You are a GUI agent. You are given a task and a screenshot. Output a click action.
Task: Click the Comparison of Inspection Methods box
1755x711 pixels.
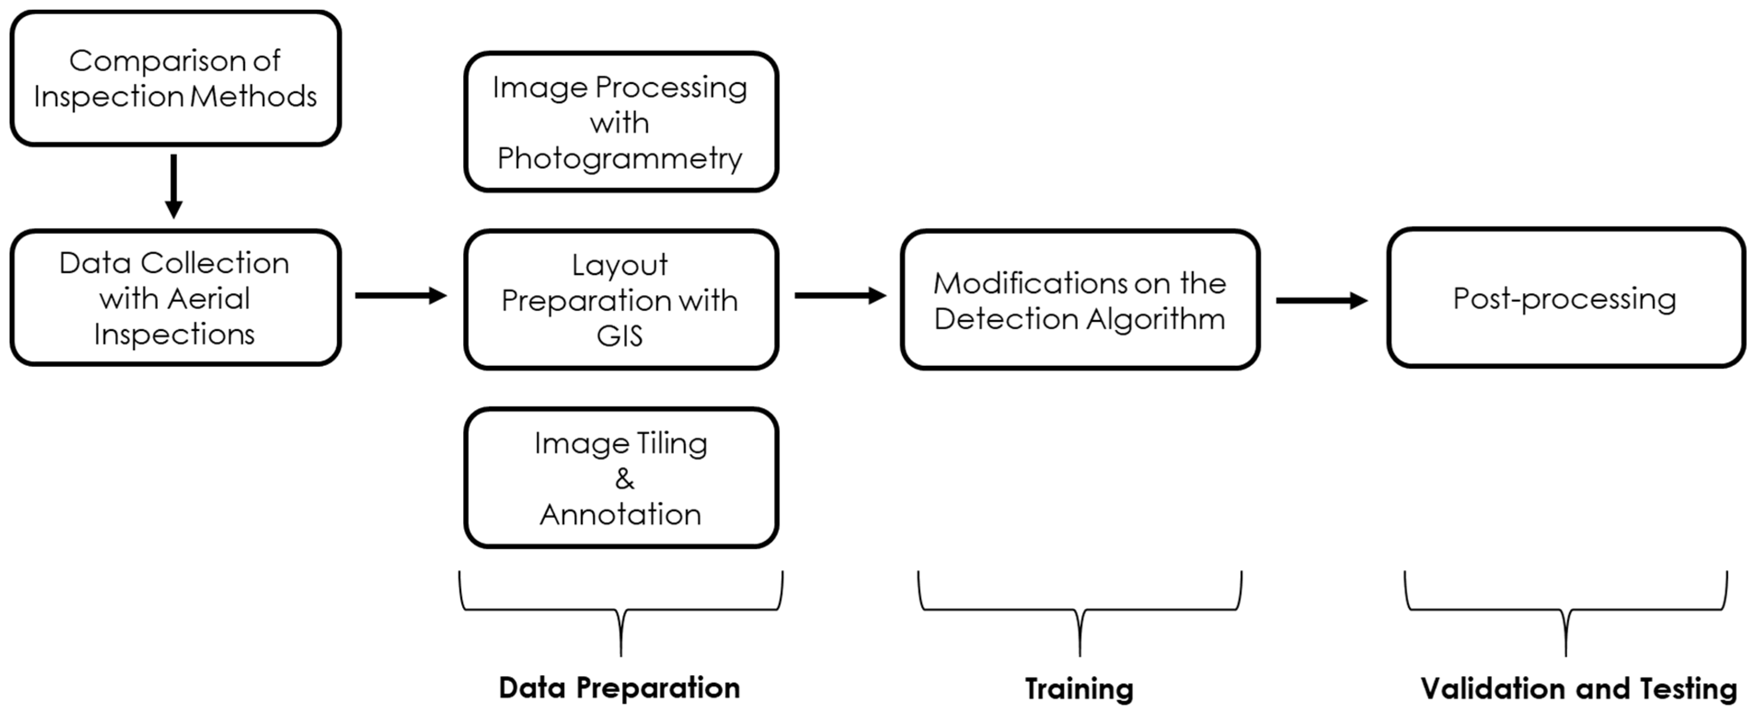pos(175,78)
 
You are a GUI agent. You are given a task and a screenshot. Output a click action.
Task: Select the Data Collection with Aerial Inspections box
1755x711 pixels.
pos(175,298)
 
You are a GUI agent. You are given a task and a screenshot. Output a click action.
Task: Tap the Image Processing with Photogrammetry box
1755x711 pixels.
pos(621,122)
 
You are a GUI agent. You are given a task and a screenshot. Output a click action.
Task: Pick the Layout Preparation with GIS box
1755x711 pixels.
pos(621,300)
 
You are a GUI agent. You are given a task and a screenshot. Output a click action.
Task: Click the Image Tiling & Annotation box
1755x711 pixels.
pos(621,478)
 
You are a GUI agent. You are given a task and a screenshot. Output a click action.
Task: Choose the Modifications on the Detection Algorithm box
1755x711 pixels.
pos(1080,300)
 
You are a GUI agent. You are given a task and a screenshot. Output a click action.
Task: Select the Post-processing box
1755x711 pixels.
pos(1566,298)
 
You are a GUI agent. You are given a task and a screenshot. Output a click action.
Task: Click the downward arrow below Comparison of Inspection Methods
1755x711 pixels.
pos(174,185)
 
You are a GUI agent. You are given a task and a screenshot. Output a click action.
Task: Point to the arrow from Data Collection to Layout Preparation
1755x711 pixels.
pos(400,296)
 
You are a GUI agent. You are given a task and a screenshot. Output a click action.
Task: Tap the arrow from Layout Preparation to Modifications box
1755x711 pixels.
pos(839,296)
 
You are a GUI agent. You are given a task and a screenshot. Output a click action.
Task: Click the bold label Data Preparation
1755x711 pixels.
pos(619,688)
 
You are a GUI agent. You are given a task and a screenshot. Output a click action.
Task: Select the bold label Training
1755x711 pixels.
pos(1079,688)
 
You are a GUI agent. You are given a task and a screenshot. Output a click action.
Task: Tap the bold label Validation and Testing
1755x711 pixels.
pos(1578,688)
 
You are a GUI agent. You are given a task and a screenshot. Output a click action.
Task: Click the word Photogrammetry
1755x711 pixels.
pos(619,159)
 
